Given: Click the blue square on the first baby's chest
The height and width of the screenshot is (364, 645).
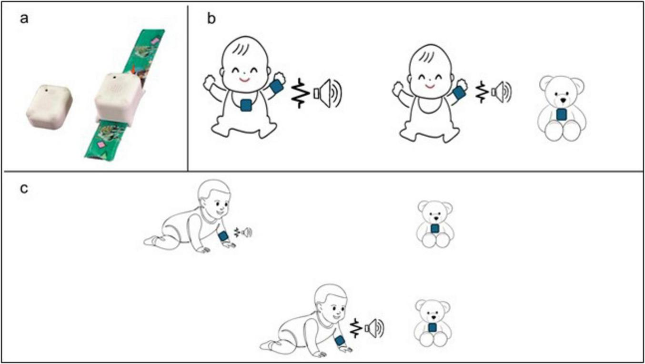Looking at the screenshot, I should click(x=246, y=104).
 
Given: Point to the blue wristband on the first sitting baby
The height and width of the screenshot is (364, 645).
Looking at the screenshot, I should click(x=277, y=87).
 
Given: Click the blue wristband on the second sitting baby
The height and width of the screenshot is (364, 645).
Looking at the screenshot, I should click(x=459, y=93).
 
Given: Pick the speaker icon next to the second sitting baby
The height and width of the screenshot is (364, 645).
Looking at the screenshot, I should click(x=502, y=91).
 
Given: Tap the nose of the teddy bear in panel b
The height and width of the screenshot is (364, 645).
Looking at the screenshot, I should click(x=562, y=101).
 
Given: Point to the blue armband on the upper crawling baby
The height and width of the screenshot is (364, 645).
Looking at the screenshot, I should click(x=223, y=236).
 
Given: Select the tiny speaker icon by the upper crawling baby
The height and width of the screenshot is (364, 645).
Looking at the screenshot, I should click(x=246, y=233).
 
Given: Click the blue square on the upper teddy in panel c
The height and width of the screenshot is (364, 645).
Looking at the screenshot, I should click(x=434, y=229).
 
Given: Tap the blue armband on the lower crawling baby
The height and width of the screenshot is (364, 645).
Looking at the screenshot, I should click(x=340, y=341).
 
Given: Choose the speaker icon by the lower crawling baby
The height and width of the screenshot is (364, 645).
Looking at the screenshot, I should click(x=373, y=328).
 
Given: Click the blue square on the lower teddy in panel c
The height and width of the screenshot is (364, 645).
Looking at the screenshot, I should click(x=432, y=327).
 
